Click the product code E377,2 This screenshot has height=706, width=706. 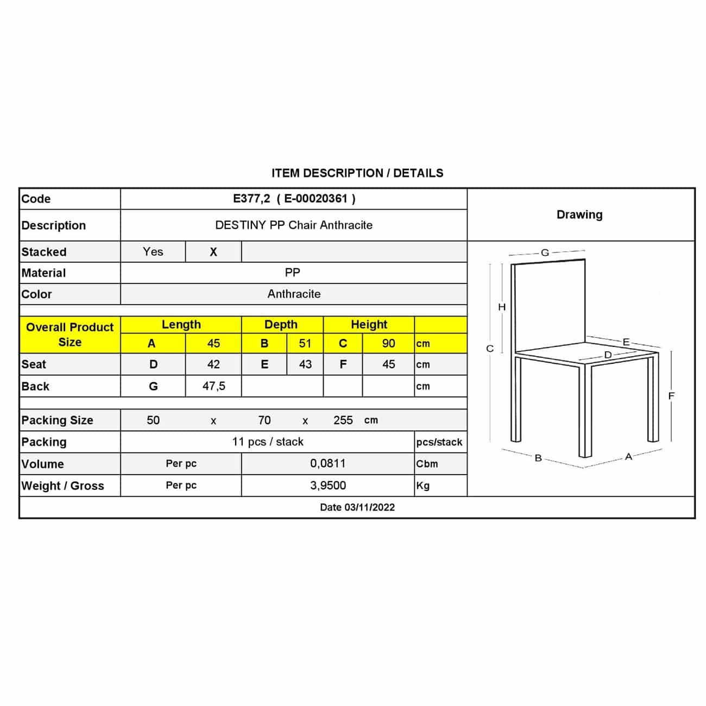click(x=251, y=199)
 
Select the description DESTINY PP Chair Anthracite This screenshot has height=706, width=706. click(x=294, y=225)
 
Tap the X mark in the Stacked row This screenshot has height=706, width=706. click(x=213, y=252)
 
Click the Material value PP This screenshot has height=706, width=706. click(x=293, y=273)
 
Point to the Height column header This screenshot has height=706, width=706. click(x=369, y=325)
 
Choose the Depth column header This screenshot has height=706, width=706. click(x=281, y=325)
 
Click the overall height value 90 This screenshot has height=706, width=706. click(x=388, y=344)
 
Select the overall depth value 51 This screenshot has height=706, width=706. click(x=305, y=344)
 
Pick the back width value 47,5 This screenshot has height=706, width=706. click(x=214, y=386)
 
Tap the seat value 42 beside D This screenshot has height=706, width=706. click(x=213, y=364)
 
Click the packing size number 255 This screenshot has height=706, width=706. click(x=343, y=420)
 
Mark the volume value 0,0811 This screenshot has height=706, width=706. click(x=328, y=464)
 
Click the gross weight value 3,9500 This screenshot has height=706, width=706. click(x=328, y=486)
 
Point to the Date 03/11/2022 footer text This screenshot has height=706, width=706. click(x=357, y=507)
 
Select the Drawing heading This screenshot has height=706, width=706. click(x=579, y=215)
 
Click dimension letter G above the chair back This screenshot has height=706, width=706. click(x=545, y=253)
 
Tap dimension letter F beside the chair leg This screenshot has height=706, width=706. click(x=671, y=396)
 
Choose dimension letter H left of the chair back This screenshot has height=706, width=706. click(x=502, y=307)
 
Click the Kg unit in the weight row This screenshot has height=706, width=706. click(x=423, y=486)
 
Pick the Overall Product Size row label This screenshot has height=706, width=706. click(x=70, y=335)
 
